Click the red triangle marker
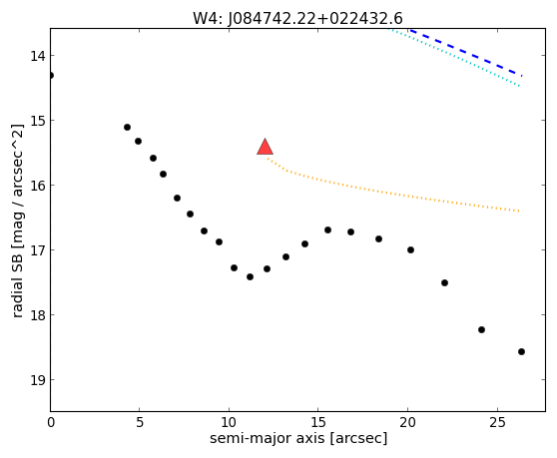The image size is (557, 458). pos(265,147)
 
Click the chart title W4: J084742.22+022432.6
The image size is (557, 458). pos(297,19)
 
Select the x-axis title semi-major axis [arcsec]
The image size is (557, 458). pos(298,438)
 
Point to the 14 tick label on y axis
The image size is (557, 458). pos(38,56)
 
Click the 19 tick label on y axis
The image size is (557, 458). pos(38,380)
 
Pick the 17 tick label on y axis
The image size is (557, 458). pos(38,250)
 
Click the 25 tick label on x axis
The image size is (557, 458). pos(497,422)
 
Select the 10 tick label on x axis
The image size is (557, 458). pos(229,422)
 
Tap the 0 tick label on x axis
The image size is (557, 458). pos(51,422)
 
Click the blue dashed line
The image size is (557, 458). pos(466,53)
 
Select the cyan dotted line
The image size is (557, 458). pos(455,57)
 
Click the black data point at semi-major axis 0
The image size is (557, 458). pos(51,75)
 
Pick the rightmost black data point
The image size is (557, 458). pos(521,352)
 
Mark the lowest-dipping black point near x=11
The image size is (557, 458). pos(251,277)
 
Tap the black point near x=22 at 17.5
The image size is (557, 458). pos(445,283)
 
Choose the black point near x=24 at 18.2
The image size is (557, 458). pos(482,330)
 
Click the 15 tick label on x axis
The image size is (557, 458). pos(318,422)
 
